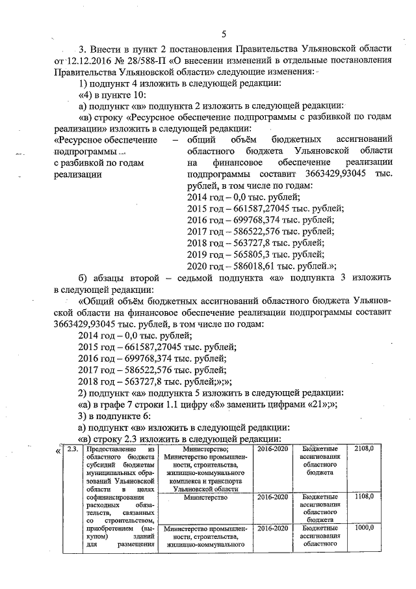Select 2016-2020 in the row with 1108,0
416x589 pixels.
[272, 497]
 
